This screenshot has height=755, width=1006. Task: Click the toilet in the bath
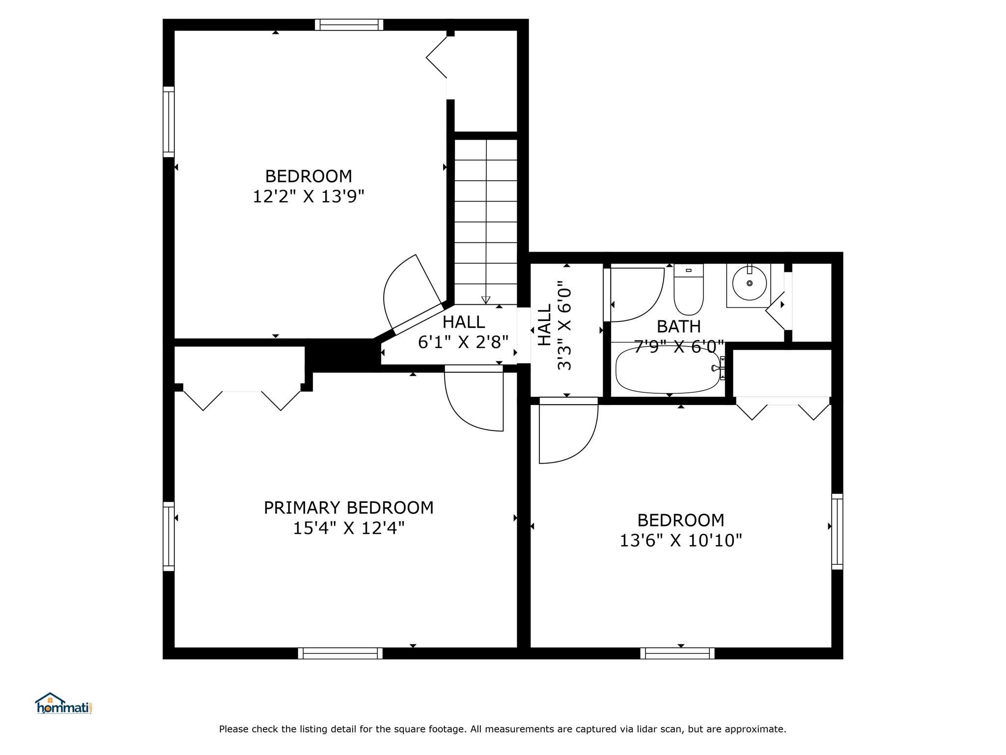tap(688, 289)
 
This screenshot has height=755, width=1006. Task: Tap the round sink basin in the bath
tap(749, 284)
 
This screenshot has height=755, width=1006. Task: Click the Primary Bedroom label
tap(349, 508)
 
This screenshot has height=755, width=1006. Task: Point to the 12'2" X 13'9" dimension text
tap(308, 197)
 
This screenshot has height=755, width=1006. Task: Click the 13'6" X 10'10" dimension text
tap(681, 541)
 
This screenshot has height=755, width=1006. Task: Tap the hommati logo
tap(63, 703)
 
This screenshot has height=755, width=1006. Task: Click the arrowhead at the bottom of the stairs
tap(486, 300)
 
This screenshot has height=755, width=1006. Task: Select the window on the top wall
tap(349, 25)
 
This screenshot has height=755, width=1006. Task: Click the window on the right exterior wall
tap(837, 532)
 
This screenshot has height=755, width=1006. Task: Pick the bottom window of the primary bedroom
tap(340, 653)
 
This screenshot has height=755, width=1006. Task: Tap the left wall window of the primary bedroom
tap(168, 536)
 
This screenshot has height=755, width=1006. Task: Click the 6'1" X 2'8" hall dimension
tap(463, 342)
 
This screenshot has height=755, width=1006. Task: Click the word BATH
tap(679, 326)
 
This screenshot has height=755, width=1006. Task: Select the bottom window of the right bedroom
tap(677, 653)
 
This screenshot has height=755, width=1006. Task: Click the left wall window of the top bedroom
tap(168, 122)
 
